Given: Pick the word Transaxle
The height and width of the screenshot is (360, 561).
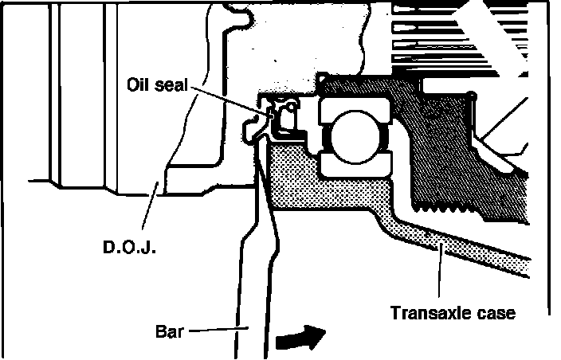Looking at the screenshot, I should [431, 312].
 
